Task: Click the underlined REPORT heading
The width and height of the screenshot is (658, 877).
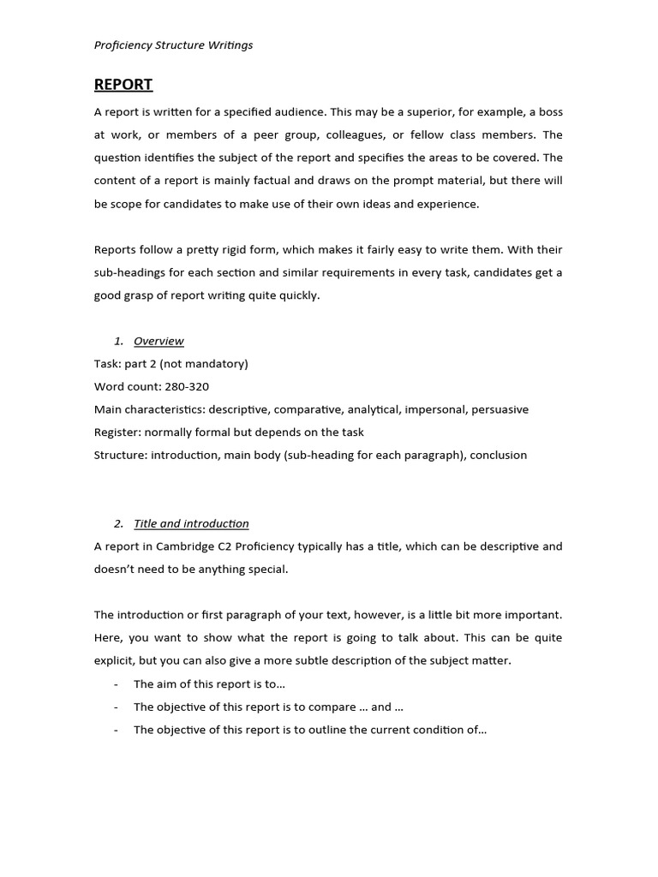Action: [x=123, y=84]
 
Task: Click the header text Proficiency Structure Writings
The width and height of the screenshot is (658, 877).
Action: [x=173, y=45]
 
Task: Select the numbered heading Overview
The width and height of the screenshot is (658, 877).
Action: [x=159, y=341]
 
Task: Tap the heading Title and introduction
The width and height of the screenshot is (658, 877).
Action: [x=191, y=523]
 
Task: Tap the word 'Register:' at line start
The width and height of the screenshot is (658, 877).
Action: [x=117, y=433]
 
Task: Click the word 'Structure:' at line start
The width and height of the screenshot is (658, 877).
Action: [x=121, y=455]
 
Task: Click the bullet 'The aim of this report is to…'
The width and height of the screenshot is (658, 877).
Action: [x=209, y=683]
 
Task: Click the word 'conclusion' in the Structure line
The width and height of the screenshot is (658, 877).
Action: [x=498, y=455]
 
